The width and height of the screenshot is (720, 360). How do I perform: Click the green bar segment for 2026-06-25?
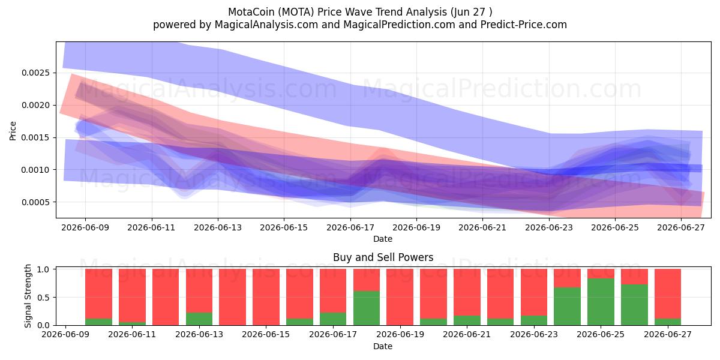coord(601,302)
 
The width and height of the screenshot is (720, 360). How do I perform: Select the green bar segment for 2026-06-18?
coord(367,308)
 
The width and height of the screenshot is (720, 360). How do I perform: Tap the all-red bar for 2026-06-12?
coord(166,297)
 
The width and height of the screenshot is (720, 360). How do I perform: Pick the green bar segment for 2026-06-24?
coord(568,307)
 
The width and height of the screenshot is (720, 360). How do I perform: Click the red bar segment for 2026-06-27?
coord(668,294)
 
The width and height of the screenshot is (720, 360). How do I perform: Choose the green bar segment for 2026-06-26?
coord(635,305)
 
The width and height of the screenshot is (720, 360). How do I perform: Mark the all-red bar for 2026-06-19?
coord(400,297)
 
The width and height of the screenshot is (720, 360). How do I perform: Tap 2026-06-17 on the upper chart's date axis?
coord(350,227)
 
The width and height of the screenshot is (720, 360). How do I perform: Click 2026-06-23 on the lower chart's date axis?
coord(534,334)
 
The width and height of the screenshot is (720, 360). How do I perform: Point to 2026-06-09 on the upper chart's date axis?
coord(85,227)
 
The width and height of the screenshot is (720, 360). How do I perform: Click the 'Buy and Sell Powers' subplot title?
coord(383,257)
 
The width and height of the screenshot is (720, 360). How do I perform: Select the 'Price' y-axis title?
coord(13,131)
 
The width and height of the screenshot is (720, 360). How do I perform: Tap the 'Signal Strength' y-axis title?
coord(28,296)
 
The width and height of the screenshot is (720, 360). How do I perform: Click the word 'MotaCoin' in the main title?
coord(251,12)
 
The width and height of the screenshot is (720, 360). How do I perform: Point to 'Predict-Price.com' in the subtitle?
coord(524,25)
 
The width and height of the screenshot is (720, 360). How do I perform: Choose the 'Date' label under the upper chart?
coord(383,239)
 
